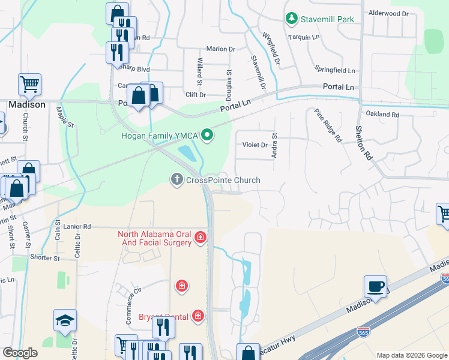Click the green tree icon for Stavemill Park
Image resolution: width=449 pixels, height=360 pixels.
(292, 19)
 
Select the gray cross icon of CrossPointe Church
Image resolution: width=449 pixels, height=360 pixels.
(177, 180)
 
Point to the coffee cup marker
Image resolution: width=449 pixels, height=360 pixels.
(375, 287)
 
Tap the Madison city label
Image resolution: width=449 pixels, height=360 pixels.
(26, 104)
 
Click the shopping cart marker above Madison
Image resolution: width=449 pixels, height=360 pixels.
(29, 85)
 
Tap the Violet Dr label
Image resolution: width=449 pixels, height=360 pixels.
(255, 145)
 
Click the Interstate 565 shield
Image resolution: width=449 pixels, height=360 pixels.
(445, 278)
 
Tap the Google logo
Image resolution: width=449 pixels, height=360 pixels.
(20, 353)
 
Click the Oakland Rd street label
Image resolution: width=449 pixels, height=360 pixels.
(382, 114)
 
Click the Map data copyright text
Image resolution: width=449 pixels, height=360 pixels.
(411, 355)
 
